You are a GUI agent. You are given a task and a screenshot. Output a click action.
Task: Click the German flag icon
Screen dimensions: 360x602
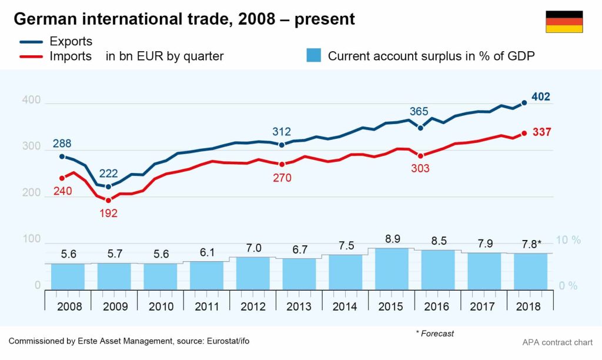coord(564,22)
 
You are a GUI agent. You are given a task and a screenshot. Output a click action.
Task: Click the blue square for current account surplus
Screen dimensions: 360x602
coord(314,56)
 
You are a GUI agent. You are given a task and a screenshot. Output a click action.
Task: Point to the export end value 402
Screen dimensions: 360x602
coord(541,97)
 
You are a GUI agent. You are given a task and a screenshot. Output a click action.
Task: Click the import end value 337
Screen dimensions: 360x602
coord(541,133)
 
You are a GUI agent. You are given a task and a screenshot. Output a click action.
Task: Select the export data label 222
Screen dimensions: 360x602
coord(109,174)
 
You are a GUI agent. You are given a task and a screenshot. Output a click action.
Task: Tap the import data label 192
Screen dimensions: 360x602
coord(108,213)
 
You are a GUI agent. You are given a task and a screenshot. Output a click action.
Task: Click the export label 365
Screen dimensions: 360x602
coord(419,112)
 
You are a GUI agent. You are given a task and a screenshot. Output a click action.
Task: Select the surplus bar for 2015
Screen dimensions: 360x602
coord(392,269)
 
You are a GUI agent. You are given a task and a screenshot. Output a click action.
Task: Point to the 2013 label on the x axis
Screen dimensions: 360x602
coord(299,306)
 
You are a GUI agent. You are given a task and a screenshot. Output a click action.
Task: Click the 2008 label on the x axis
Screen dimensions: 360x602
coord(69,306)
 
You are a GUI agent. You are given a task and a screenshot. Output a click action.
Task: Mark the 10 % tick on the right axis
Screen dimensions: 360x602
coord(568,240)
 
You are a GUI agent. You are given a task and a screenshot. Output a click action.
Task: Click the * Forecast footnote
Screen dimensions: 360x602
coord(435,334)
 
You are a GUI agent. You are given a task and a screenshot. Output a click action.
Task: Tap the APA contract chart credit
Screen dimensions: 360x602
coord(557,342)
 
